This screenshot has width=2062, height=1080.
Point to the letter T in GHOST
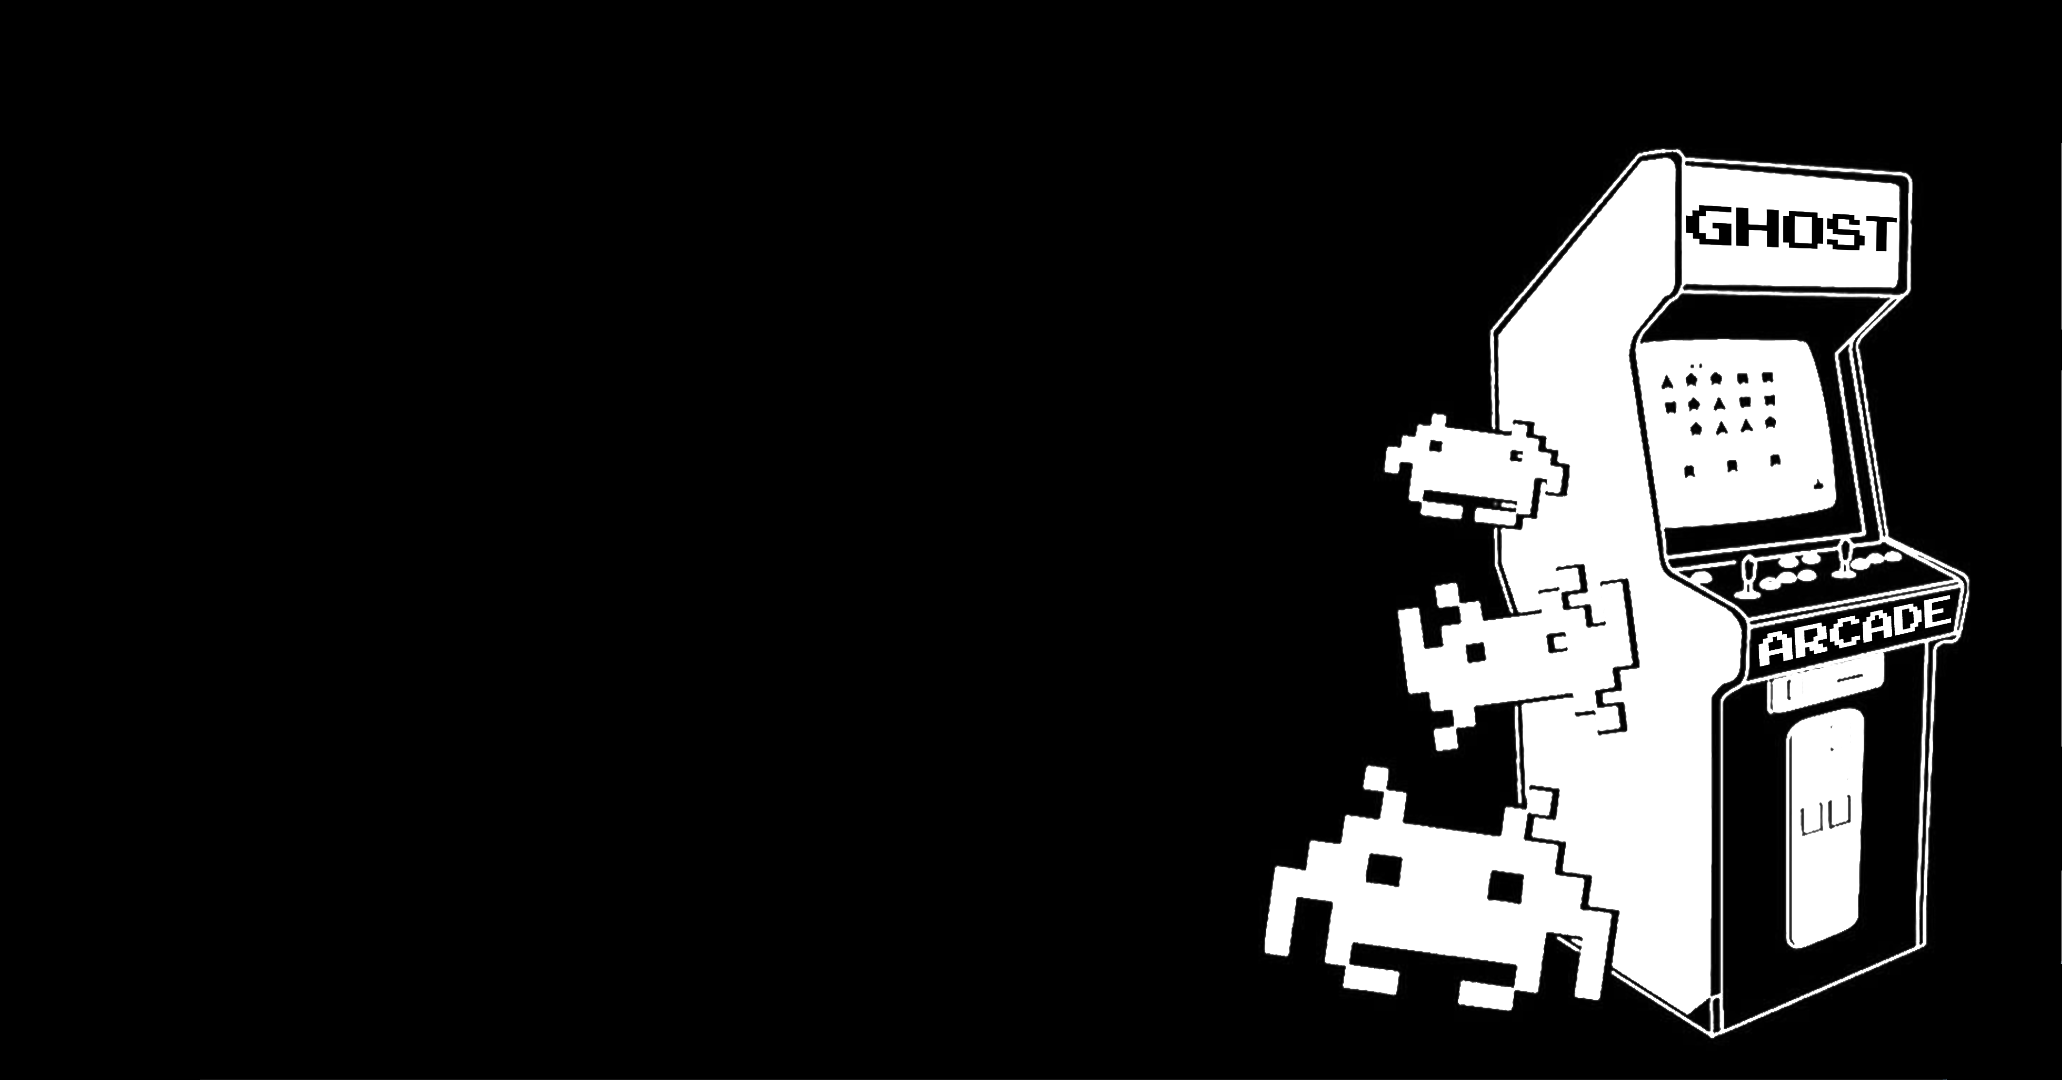[1878, 233]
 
